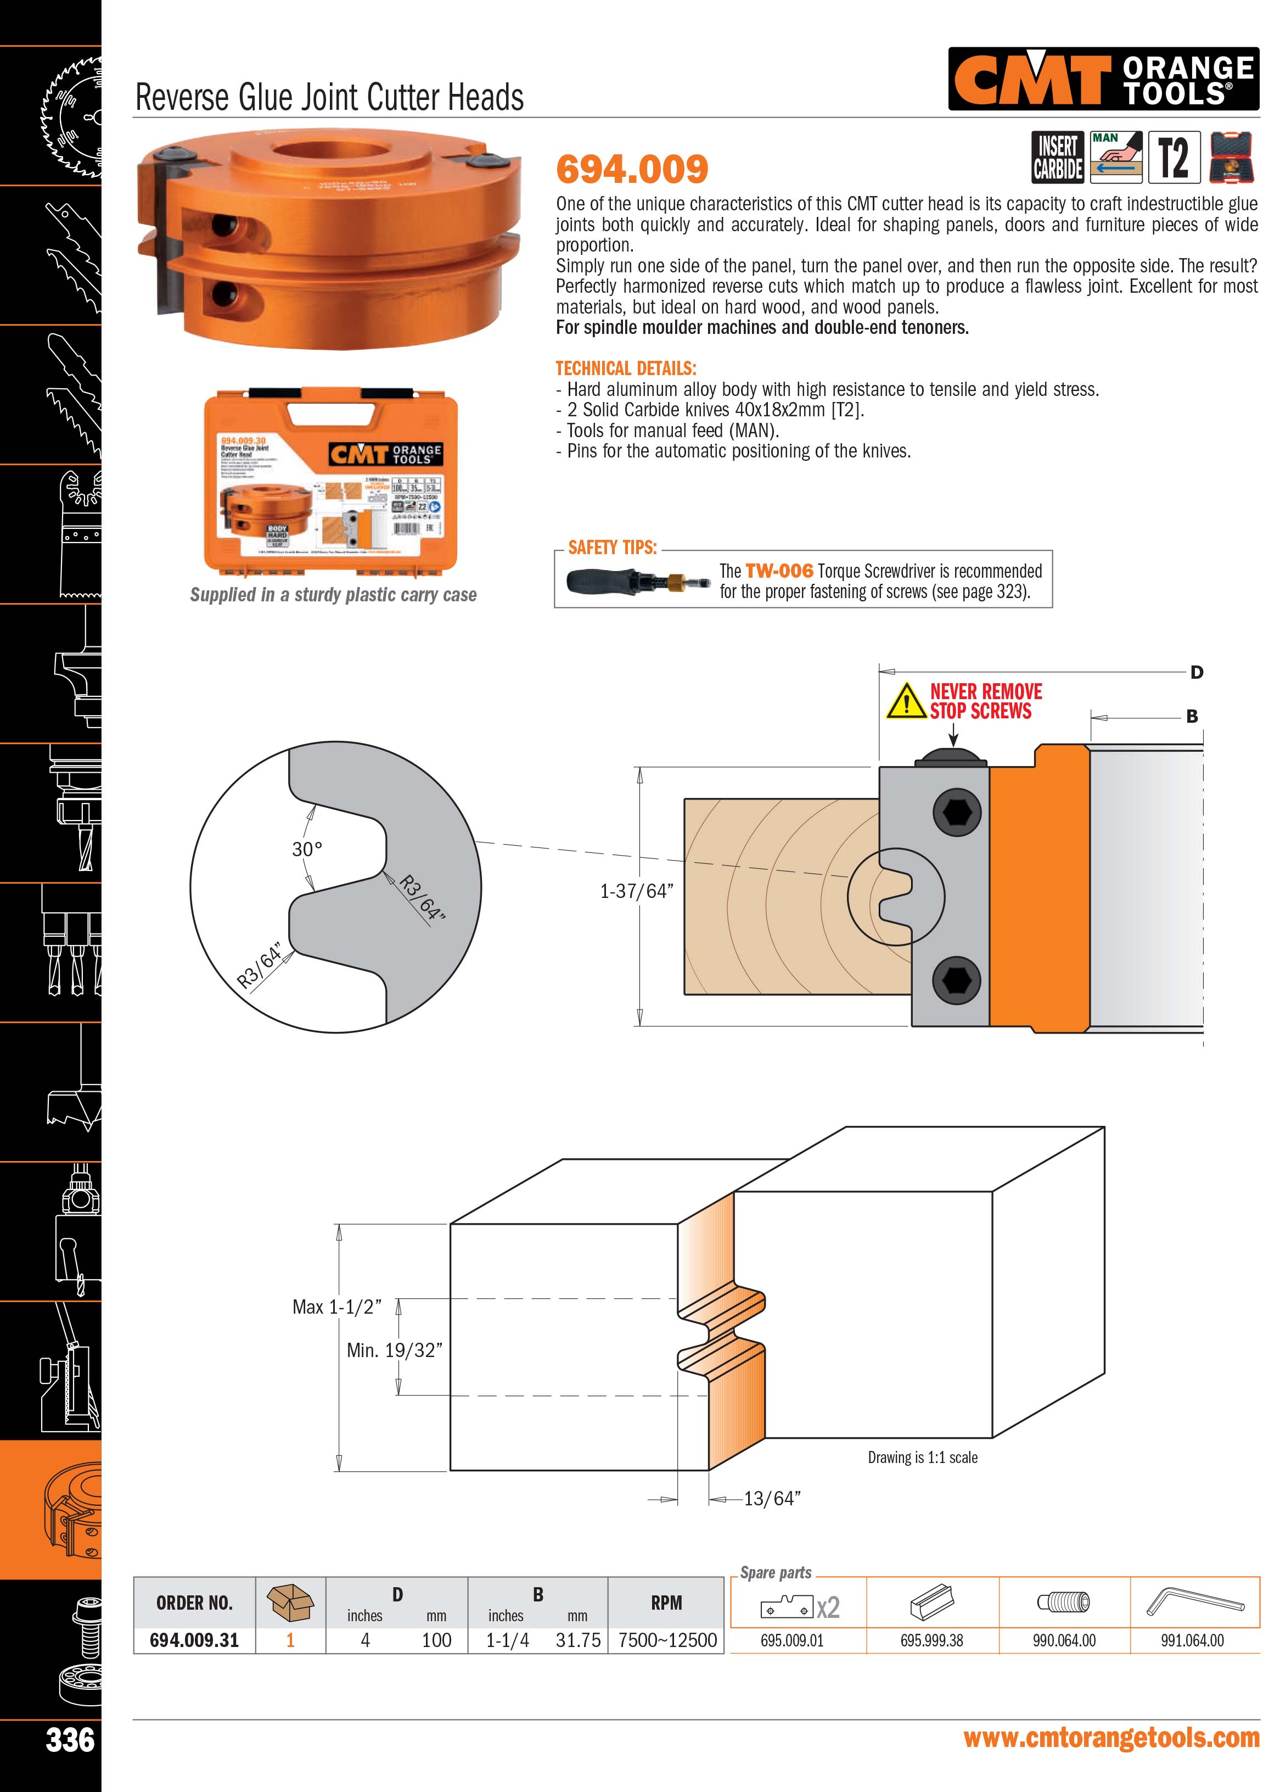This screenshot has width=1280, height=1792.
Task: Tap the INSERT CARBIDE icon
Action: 1058,158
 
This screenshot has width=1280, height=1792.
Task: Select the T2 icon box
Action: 1174,158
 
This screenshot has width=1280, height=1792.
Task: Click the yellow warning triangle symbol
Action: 906,701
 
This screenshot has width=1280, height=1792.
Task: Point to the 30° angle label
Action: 307,849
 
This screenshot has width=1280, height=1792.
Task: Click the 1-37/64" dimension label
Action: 637,891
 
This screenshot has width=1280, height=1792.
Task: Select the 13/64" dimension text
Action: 772,1499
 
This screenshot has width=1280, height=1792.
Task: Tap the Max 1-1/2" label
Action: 336,1307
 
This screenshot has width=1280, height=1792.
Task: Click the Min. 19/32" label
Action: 394,1350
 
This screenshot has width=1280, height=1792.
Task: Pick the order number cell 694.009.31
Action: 194,1640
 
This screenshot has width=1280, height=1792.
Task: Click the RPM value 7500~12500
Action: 667,1640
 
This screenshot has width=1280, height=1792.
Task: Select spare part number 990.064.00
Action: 1064,1640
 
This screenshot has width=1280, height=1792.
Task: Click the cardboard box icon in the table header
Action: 290,1602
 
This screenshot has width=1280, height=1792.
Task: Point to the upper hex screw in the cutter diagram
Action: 956,812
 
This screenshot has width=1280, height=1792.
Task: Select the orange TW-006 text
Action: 779,571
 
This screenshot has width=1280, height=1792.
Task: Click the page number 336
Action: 70,1739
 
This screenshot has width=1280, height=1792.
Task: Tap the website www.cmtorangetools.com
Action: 1111,1738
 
